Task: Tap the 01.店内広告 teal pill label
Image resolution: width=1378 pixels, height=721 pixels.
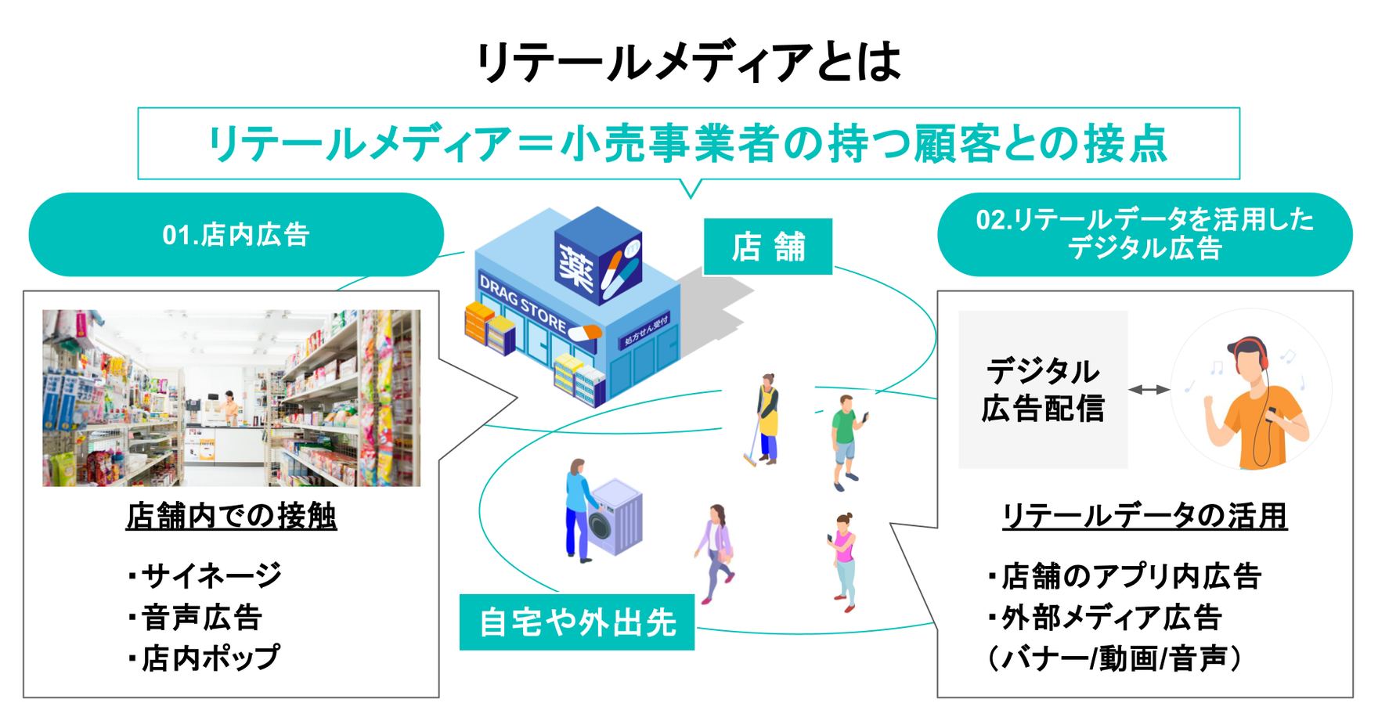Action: pos(236,235)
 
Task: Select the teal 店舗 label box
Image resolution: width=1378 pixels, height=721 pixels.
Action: pos(767,247)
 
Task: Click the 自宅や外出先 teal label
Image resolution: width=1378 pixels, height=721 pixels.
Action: pos(577,622)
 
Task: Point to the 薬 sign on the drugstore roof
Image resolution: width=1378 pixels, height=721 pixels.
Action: pos(578,263)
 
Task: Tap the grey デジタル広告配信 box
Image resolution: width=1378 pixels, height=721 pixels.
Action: pos(1042,390)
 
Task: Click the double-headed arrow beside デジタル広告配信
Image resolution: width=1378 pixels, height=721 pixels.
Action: pos(1149,389)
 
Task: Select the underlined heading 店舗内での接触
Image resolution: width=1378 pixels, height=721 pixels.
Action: pos(231,516)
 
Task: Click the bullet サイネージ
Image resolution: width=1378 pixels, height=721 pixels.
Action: pos(205,576)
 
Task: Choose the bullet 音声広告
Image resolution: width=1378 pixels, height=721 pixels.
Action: pos(196,618)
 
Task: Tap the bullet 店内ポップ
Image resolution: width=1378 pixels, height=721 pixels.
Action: pos(204,658)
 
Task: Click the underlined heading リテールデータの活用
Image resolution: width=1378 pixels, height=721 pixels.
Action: pos(1144,516)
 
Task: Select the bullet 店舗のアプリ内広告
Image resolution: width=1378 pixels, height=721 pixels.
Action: pos(1125,576)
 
